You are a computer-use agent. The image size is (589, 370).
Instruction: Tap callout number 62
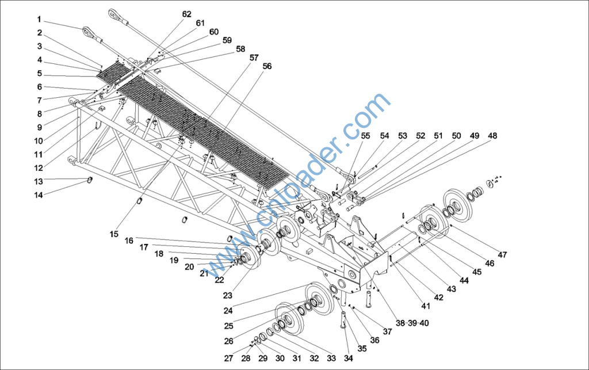186,14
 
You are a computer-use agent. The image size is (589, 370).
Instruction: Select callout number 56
267,66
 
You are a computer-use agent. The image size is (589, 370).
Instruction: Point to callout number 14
38,194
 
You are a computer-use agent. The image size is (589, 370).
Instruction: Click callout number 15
114,234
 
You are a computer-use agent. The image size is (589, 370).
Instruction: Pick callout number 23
228,296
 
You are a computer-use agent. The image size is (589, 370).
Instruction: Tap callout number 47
503,254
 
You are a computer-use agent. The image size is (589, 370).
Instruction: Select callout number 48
492,136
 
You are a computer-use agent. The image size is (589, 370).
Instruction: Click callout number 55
366,136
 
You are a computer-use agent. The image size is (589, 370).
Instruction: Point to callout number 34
349,358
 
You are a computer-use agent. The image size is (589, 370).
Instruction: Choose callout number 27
228,358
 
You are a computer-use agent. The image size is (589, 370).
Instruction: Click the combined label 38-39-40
412,323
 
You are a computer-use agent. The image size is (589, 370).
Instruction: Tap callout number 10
38,140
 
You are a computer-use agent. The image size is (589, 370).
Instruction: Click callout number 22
219,280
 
